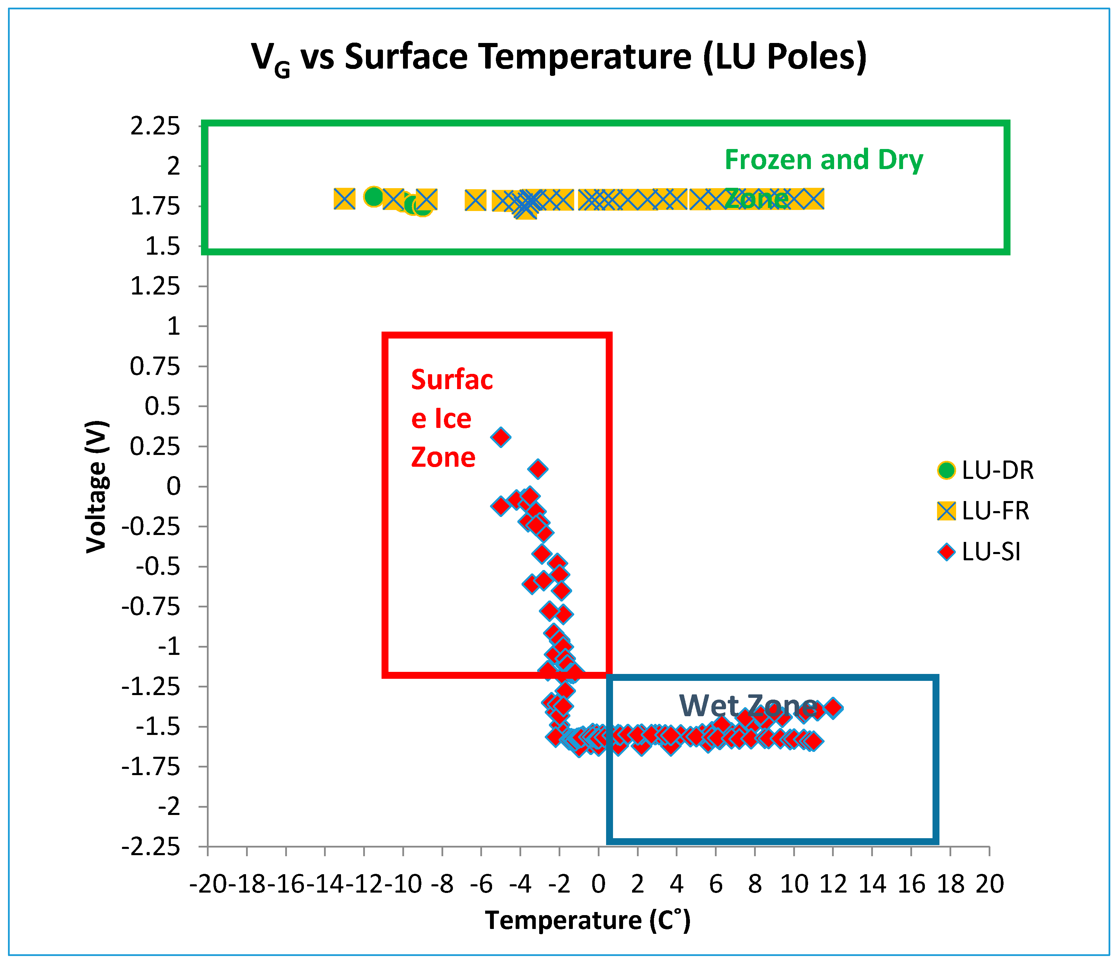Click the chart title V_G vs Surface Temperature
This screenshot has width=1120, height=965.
pyautogui.click(x=559, y=57)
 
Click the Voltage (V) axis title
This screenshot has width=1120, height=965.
pyautogui.click(x=97, y=486)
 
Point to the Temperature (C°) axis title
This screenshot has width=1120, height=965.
pyautogui.click(x=588, y=920)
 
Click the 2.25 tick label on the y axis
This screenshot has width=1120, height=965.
pyautogui.click(x=155, y=126)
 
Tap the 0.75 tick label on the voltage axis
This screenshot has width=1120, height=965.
pyautogui.click(x=155, y=367)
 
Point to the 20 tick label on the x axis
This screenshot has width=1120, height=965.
pyautogui.click(x=989, y=885)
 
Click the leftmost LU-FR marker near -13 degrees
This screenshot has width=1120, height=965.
pyautogui.click(x=344, y=199)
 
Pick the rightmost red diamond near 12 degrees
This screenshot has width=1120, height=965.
pyautogui.click(x=833, y=708)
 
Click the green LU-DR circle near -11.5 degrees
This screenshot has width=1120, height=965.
pyautogui.click(x=374, y=196)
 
